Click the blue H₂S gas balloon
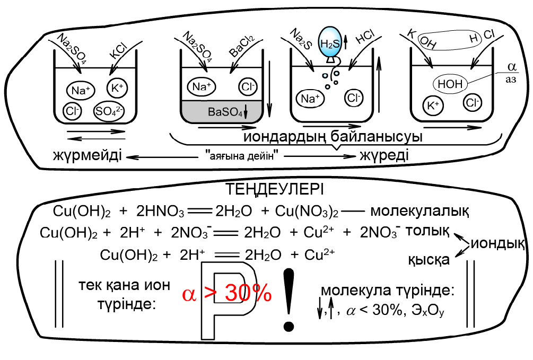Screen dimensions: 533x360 (329, 42)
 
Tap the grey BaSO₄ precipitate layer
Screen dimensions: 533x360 (222, 111)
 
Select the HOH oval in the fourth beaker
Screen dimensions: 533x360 (450, 83)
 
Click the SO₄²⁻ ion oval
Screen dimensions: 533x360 (109, 111)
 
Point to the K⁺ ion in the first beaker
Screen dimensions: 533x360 (117, 88)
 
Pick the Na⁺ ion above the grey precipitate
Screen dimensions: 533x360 (202, 86)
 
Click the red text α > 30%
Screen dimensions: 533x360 (227, 293)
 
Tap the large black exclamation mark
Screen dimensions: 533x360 (289, 300)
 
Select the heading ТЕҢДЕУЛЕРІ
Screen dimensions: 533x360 (275, 189)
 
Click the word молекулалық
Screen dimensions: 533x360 (420, 211)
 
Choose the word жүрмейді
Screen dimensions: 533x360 (88, 156)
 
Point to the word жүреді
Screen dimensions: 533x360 (384, 156)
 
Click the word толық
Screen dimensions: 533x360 (427, 231)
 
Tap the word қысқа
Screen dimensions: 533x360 (429, 260)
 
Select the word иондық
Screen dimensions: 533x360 (497, 243)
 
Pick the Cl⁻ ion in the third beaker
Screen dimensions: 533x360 (354, 98)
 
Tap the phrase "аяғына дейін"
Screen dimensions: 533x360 (242, 156)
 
